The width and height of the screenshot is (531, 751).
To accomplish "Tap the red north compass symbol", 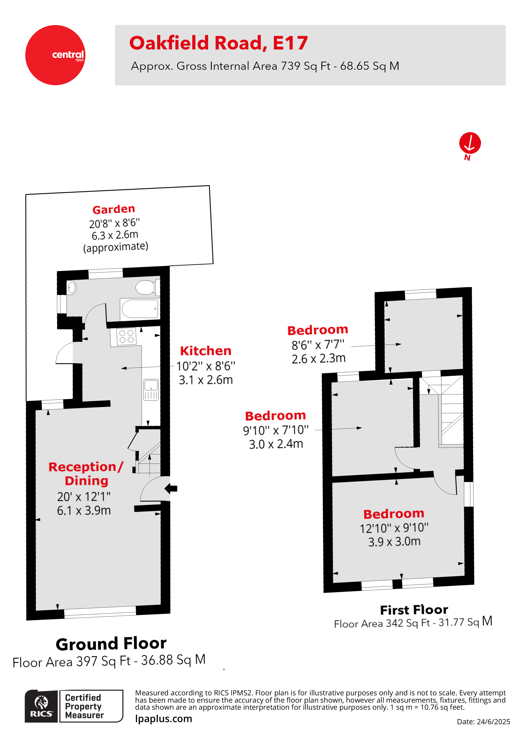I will point(470,143).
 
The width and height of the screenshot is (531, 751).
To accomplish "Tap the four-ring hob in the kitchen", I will point(127,337).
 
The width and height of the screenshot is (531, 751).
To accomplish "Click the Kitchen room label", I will point(206,351).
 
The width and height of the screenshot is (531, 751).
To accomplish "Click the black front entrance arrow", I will point(171,489).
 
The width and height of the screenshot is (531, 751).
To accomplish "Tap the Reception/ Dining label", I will point(86,474).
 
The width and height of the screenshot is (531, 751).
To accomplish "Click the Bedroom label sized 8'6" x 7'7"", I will point(317,330).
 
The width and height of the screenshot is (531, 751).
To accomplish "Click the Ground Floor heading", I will point(111,644).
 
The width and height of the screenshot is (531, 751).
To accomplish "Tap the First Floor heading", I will point(414,610).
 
